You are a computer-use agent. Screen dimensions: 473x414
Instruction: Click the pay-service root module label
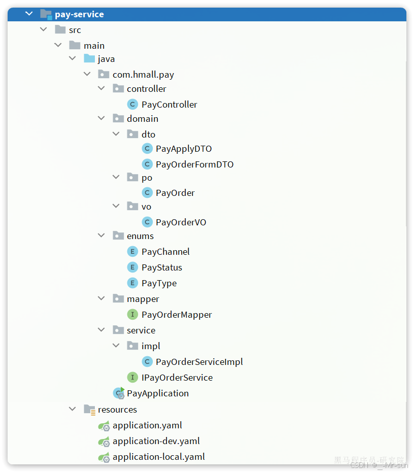tap(79, 14)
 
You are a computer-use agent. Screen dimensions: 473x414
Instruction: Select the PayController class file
tap(169, 105)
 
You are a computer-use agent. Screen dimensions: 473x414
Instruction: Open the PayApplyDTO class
tap(184, 149)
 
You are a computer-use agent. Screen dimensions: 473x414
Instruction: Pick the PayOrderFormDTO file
tap(194, 164)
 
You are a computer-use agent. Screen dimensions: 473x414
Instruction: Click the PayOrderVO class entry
tap(181, 222)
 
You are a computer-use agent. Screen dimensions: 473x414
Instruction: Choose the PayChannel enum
tap(165, 252)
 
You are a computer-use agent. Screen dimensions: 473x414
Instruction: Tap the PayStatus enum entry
tap(162, 267)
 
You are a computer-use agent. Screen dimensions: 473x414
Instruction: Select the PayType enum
tap(159, 283)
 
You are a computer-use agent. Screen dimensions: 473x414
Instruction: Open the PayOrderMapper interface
tap(177, 315)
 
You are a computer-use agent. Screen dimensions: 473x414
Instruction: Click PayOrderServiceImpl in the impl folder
tap(199, 362)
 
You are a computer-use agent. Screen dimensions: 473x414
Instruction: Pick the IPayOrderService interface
tap(177, 378)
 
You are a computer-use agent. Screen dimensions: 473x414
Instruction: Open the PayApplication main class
tap(157, 393)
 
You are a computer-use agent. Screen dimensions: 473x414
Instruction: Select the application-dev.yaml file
tap(156, 441)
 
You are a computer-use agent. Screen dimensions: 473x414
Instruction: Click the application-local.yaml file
tap(158, 457)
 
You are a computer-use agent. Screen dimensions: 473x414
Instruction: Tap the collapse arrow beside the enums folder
tap(102, 236)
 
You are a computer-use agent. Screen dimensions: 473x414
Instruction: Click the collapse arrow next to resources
tap(73, 409)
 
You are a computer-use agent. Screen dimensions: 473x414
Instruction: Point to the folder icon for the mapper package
tap(118, 299)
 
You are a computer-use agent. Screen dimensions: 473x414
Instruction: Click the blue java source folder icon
tap(89, 59)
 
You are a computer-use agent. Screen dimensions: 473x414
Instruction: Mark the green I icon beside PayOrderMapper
tap(132, 315)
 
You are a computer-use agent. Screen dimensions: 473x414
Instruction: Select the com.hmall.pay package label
tap(143, 75)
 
